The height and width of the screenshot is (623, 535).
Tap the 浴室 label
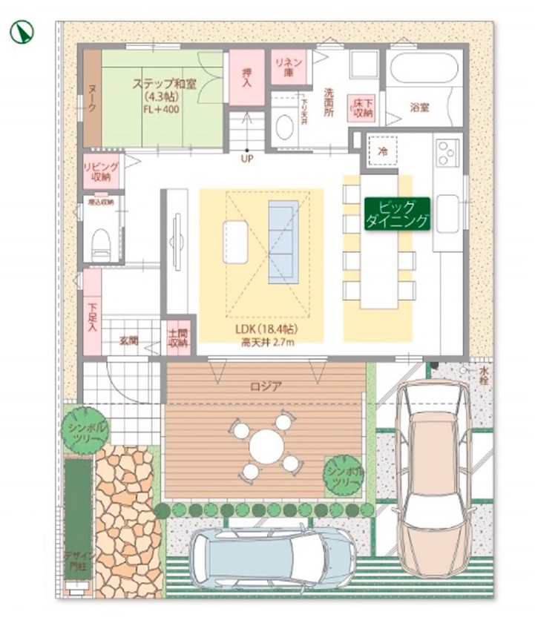421,107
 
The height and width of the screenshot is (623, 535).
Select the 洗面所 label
329,104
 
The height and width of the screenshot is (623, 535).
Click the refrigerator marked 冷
383,150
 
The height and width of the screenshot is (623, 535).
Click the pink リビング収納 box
97,171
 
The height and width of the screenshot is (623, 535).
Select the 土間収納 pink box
177,339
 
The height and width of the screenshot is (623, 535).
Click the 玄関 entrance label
130,341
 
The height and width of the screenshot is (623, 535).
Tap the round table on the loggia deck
264,447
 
